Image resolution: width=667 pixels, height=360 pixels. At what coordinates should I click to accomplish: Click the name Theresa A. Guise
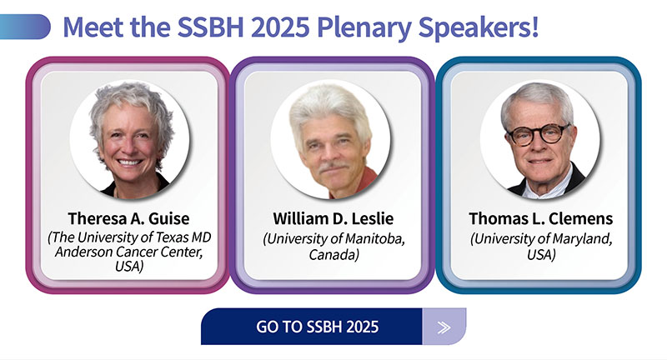(129, 218)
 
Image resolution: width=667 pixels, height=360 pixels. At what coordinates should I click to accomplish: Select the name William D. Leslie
(333, 218)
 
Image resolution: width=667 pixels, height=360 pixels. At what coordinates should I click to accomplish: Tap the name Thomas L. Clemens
(540, 218)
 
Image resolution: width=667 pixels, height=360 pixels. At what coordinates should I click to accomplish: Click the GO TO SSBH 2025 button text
(318, 327)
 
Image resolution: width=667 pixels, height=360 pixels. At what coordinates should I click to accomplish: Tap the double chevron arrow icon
(444, 327)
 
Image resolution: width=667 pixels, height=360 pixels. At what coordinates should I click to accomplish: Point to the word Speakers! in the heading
(479, 27)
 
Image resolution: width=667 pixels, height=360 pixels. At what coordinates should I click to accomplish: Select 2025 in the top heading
(280, 27)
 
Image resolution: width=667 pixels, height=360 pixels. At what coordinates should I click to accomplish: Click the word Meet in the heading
(93, 27)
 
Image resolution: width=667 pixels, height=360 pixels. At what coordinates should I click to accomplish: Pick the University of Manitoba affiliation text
(334, 238)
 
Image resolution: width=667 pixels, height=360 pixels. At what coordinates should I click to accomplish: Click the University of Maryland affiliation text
(541, 238)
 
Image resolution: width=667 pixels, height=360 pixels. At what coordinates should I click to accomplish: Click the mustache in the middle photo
(334, 166)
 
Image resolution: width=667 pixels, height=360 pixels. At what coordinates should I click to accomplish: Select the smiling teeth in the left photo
(130, 162)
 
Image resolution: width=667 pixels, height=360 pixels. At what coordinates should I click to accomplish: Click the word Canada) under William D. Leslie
(334, 255)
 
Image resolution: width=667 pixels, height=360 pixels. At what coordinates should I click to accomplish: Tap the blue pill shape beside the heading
(25, 27)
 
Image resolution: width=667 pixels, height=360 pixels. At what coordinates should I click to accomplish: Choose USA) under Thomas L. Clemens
(541, 255)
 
